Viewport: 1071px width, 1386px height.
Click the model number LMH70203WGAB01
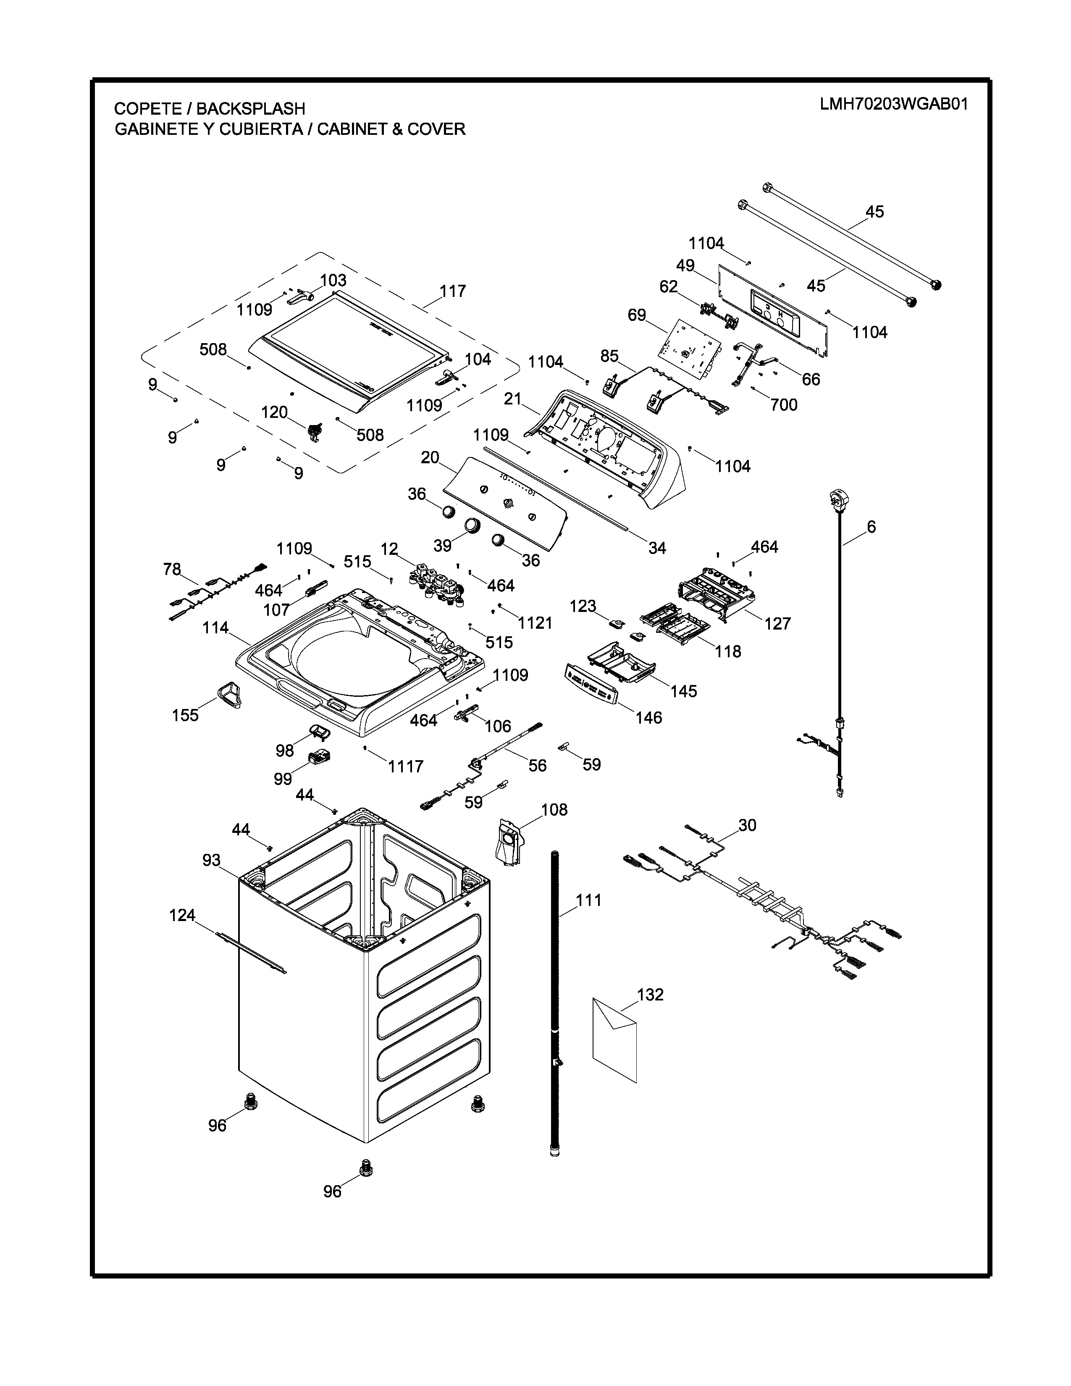(893, 104)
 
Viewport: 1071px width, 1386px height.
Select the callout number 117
(453, 291)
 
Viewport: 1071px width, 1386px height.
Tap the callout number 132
(650, 995)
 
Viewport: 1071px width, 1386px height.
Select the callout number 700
(784, 405)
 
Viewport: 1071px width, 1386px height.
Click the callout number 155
(185, 715)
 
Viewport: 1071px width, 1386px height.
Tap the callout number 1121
(535, 623)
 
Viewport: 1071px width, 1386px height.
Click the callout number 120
(274, 412)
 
